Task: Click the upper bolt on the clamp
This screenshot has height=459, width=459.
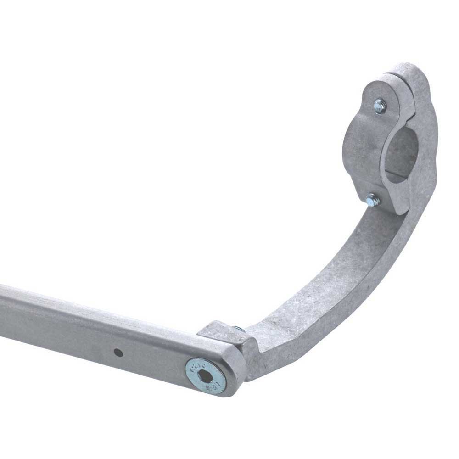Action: [x=379, y=106]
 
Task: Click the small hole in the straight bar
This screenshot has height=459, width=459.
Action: [x=118, y=353]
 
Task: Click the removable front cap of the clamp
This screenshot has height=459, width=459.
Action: [x=363, y=138]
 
